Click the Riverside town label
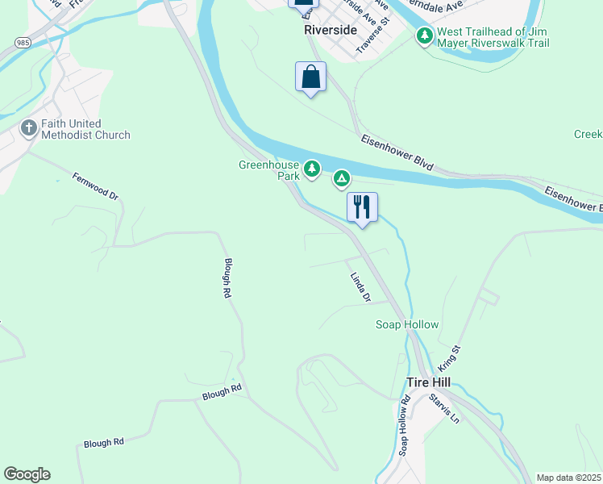331,30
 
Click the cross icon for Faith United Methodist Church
28,128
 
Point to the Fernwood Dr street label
95,186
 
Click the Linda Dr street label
360,287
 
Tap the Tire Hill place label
428,382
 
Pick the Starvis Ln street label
443,408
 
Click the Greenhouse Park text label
268,170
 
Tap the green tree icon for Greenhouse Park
312,169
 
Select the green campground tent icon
342,177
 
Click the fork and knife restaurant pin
362,207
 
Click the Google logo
27,474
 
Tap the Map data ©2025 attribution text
568,478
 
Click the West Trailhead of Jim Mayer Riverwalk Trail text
493,36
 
